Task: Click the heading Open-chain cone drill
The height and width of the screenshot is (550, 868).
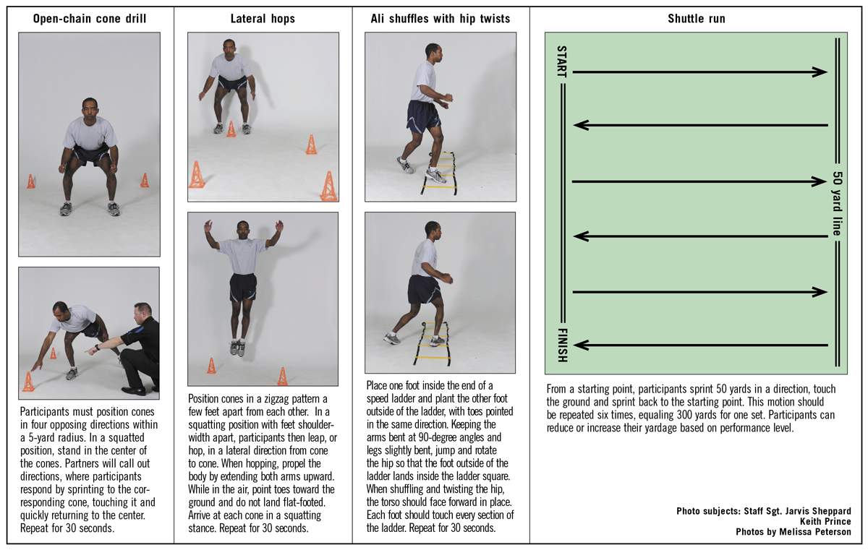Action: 90,19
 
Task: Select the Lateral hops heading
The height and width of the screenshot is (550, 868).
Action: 262,19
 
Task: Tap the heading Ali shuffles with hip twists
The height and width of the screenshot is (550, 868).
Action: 441,19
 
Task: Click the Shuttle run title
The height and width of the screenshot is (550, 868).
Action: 696,19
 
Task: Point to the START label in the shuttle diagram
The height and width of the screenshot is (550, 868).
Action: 562,62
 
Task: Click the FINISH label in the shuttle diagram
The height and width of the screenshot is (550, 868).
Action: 562,344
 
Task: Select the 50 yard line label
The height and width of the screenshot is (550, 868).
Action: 837,205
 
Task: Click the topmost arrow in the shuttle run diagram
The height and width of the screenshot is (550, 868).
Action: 699,72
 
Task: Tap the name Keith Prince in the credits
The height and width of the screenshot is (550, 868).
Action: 825,521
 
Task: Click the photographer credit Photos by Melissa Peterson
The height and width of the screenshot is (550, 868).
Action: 793,532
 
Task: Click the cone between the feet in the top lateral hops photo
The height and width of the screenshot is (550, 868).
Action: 231,129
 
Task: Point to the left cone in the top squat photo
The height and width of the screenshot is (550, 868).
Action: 31,181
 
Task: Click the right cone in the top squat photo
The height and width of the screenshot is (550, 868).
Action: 145,180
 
